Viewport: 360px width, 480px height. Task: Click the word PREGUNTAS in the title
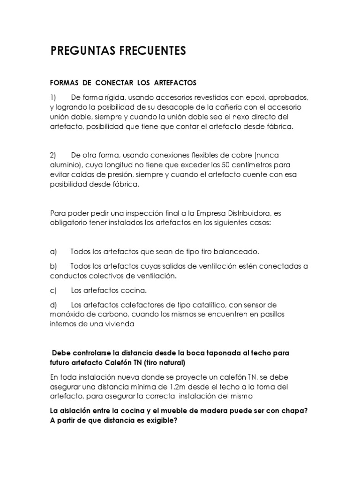click(x=80, y=51)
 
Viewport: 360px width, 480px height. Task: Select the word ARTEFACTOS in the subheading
click(x=173, y=83)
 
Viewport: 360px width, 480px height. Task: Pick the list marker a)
click(x=53, y=252)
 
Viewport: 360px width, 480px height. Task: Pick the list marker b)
click(x=53, y=266)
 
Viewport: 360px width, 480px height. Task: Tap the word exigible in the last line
click(x=161, y=420)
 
